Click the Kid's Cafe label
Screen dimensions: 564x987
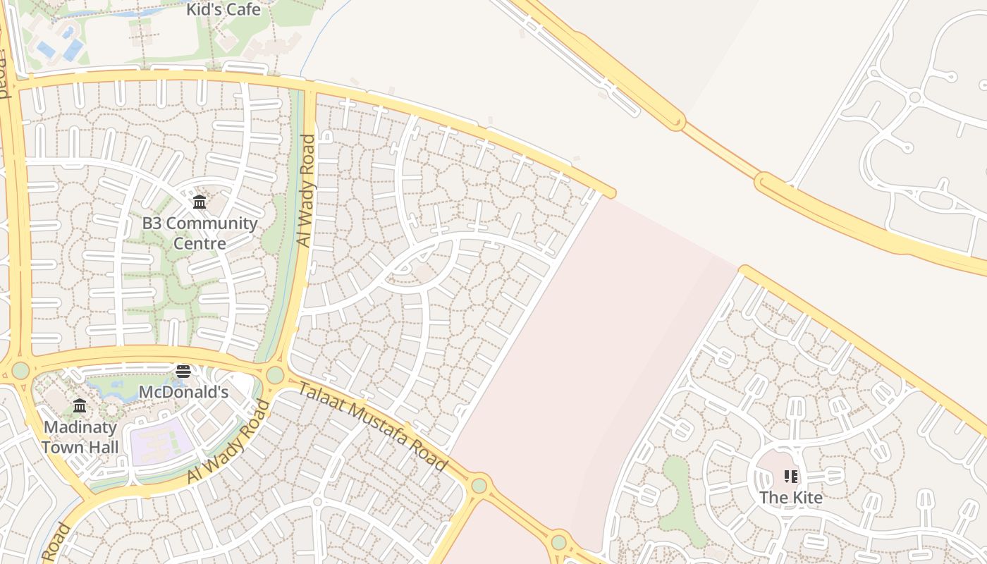tap(223, 10)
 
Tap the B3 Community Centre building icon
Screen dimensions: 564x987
tap(200, 203)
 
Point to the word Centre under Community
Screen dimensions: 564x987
tap(200, 244)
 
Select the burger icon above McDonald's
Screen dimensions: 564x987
tap(183, 372)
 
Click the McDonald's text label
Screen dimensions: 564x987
tap(183, 392)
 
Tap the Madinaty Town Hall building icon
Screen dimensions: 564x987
tap(80, 406)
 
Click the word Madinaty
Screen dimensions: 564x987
tap(80, 427)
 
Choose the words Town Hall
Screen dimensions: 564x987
tap(80, 447)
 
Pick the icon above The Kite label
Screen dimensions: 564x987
tap(790, 477)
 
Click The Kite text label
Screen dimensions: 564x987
tap(790, 498)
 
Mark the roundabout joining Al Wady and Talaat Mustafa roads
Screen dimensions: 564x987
tap(275, 375)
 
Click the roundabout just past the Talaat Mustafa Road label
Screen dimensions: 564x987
tap(479, 485)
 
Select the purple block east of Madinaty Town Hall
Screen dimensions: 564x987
tap(161, 441)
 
